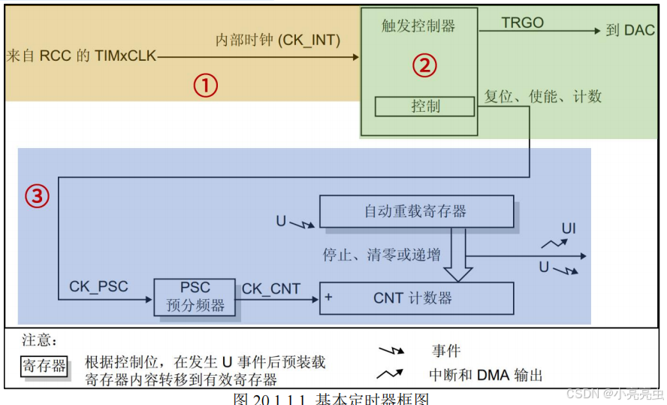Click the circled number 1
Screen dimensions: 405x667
coord(205,86)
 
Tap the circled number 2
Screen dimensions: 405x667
coord(424,66)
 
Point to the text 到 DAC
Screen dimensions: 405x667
coord(630,31)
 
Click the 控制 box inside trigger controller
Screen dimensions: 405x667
coord(425,107)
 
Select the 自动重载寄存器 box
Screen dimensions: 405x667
coord(416,211)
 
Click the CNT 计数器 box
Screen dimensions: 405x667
coord(416,298)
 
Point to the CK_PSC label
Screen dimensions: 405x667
coord(98,286)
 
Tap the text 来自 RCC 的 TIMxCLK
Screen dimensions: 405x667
coord(81,56)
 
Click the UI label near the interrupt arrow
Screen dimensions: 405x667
coord(569,228)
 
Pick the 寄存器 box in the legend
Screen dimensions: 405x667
coord(44,367)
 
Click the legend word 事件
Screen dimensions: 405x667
coord(446,351)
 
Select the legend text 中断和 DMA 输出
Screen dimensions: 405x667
coord(485,375)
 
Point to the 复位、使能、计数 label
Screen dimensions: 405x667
coord(542,97)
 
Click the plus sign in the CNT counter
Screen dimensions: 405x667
coord(328,298)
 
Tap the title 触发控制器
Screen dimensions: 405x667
coord(418,26)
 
